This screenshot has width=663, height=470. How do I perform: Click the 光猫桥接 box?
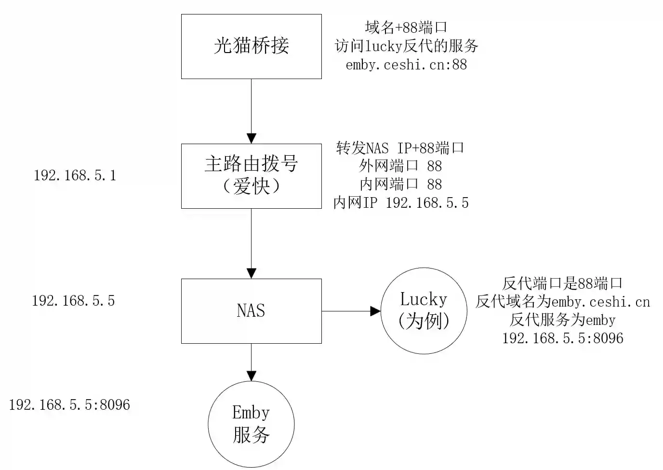click(251, 46)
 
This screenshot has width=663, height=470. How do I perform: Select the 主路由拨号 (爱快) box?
click(251, 176)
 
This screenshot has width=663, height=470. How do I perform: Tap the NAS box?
click(251, 311)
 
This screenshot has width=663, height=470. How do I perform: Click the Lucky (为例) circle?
click(424, 311)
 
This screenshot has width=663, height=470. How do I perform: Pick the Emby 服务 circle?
click(251, 425)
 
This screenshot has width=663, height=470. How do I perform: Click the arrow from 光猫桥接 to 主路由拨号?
click(251, 111)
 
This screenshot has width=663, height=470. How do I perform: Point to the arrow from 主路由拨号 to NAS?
click(251, 243)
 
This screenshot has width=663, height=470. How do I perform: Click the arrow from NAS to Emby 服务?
click(251, 362)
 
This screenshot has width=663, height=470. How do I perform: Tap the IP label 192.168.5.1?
click(75, 175)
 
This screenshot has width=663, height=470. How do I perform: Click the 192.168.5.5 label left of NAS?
click(73, 301)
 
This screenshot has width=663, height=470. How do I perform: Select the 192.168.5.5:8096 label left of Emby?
click(69, 404)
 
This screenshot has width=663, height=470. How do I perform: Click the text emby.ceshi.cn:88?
click(406, 65)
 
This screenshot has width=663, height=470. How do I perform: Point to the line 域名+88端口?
click(406, 27)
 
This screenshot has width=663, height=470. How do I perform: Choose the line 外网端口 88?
click(400, 166)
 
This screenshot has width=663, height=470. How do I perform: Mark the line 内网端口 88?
click(400, 185)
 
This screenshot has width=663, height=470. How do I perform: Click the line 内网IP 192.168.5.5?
click(400, 203)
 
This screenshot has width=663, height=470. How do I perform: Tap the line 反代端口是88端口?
click(562, 283)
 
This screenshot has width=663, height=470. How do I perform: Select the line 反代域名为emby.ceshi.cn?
click(562, 302)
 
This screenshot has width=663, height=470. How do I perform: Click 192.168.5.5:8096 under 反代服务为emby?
click(562, 338)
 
